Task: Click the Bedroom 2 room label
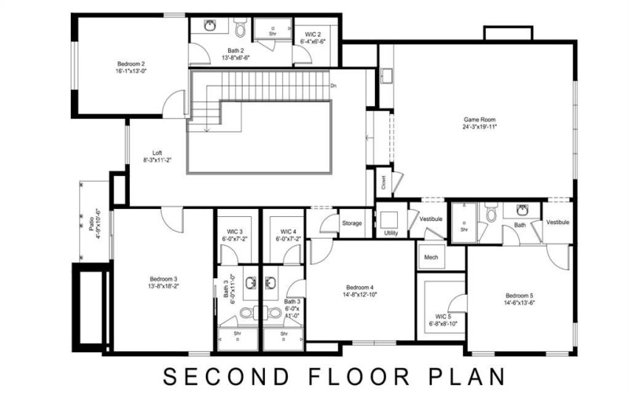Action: pos(131,64)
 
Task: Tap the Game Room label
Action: pos(479,119)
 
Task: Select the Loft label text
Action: pos(157,152)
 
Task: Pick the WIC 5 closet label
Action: pos(443,317)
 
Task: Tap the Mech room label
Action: pos(431,257)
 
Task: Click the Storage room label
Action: pos(352,223)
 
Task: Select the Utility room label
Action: pos(391,233)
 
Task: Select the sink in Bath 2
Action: pos(211,26)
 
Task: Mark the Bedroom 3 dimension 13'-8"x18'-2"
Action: pos(164,286)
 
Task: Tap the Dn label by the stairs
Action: pos(333,85)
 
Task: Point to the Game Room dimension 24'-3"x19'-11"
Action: pos(479,126)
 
